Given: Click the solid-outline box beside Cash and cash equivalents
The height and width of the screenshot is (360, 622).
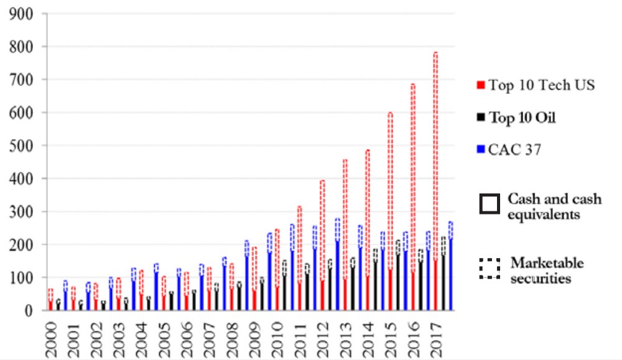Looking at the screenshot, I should [490, 205].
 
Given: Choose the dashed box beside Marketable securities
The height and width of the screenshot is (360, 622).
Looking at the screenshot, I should [490, 267].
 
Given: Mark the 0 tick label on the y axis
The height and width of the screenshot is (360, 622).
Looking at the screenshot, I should [30, 310].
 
